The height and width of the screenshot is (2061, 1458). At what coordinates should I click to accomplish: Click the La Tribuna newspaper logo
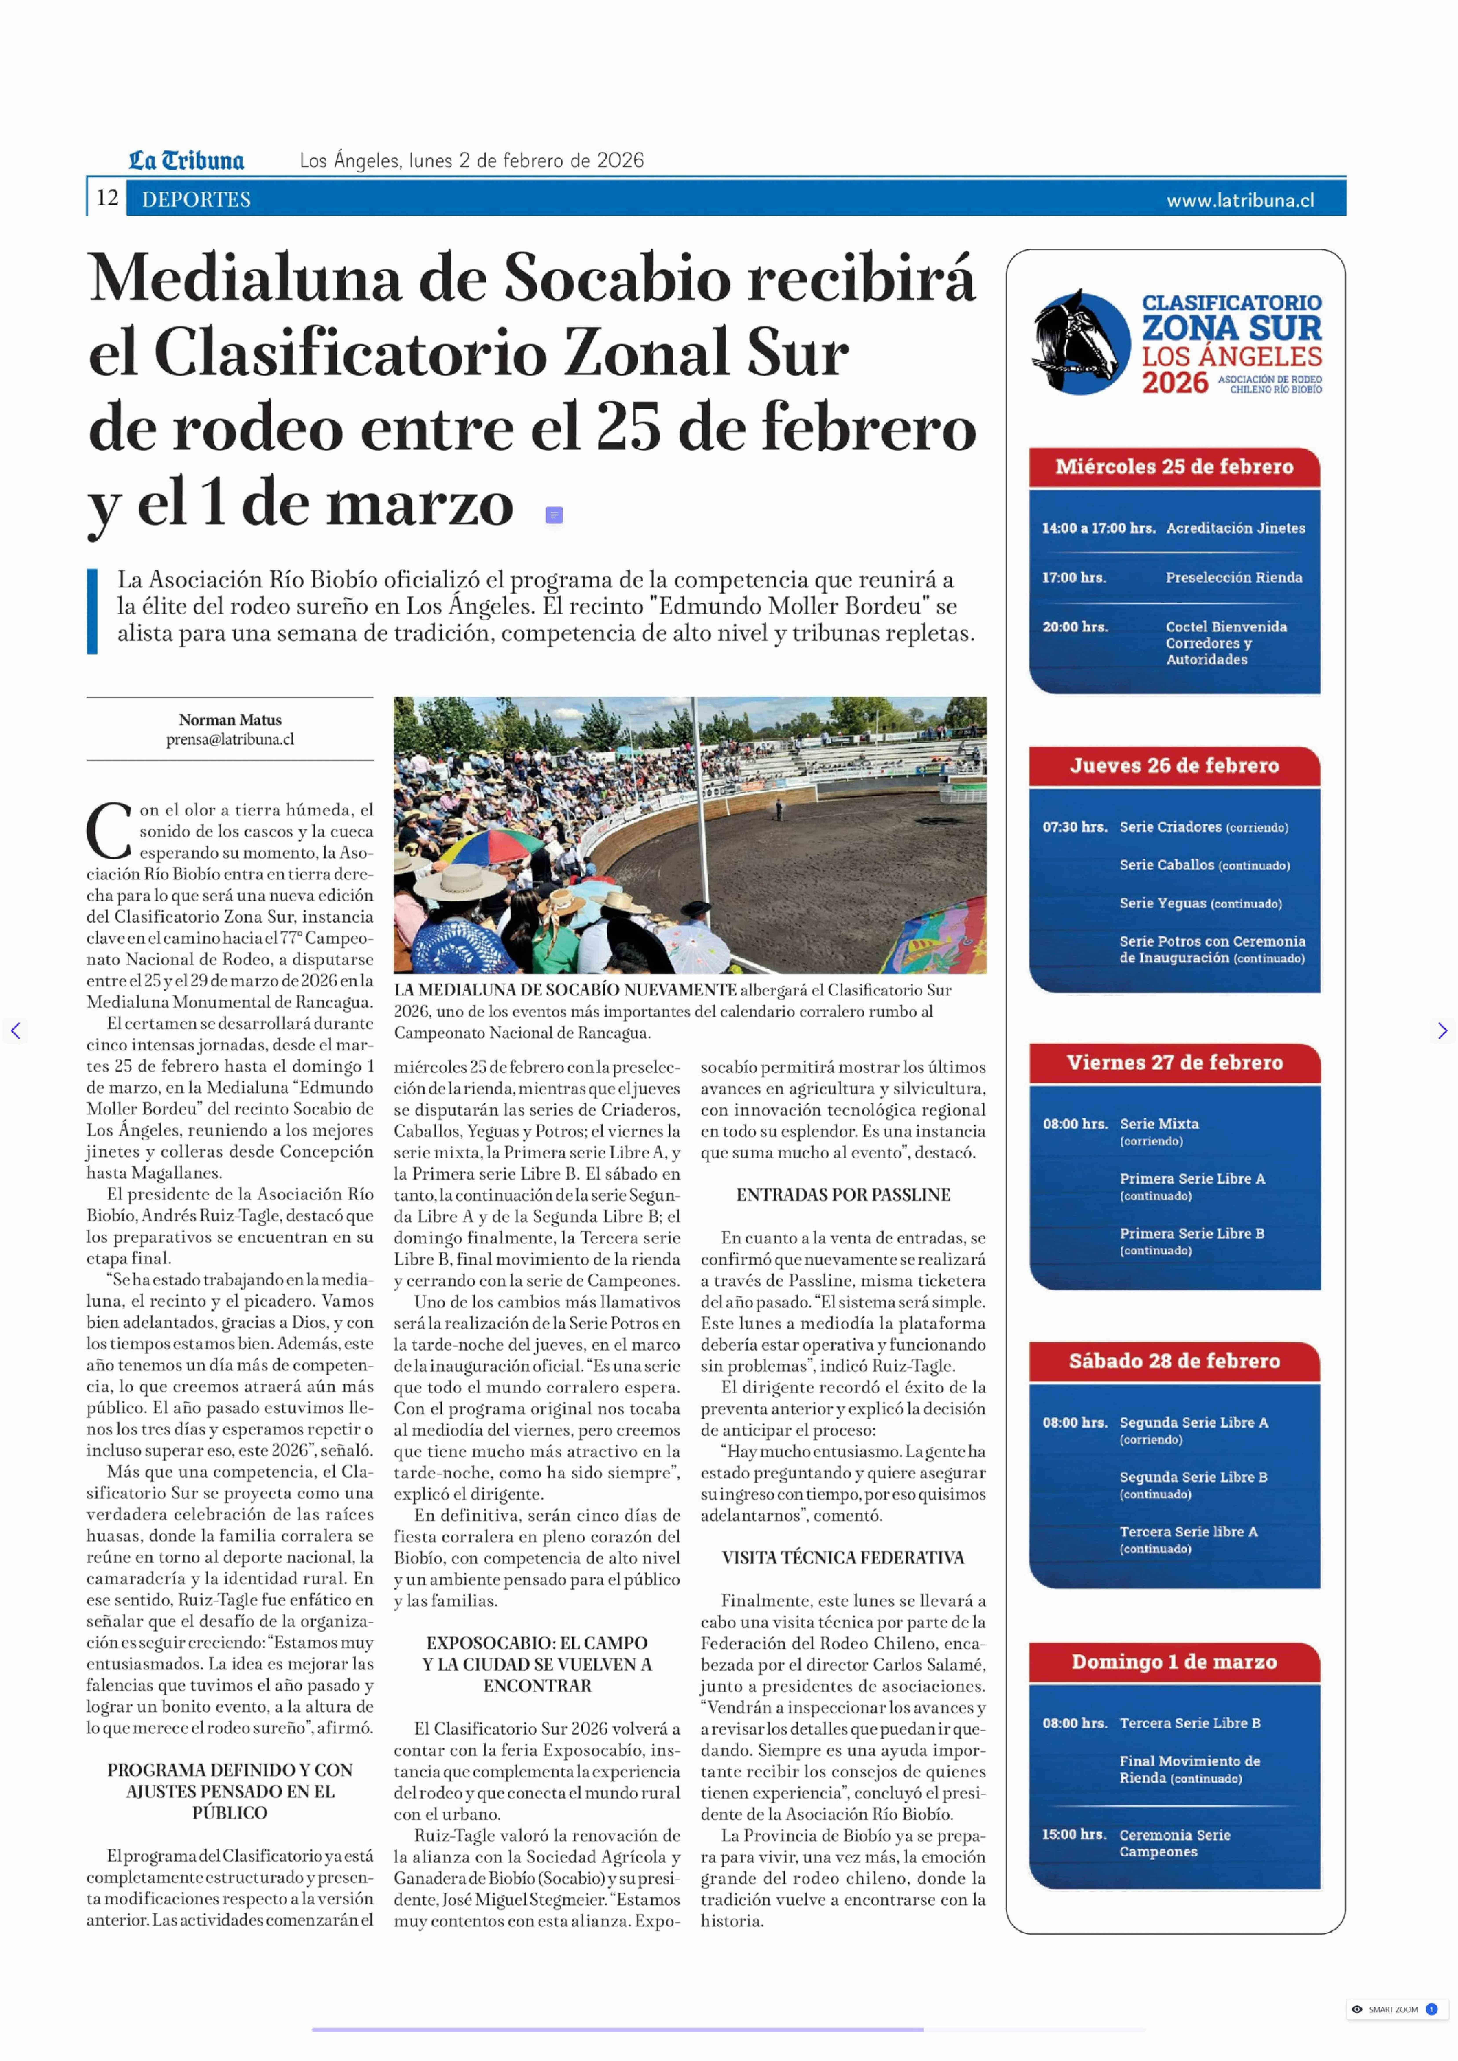pos(186,161)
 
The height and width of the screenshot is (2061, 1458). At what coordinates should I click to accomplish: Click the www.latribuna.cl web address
pos(1240,200)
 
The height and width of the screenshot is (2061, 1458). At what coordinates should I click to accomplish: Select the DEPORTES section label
pos(196,199)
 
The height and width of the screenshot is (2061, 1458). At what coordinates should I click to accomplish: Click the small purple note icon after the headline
pos(554,515)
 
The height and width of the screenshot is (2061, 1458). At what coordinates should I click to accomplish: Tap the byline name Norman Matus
pos(230,720)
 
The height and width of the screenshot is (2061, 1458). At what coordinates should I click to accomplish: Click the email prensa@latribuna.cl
pos(230,740)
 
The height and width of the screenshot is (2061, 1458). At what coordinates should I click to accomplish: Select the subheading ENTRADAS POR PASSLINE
pos(843,1195)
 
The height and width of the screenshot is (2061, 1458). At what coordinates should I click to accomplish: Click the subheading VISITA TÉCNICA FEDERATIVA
pos(843,1557)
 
